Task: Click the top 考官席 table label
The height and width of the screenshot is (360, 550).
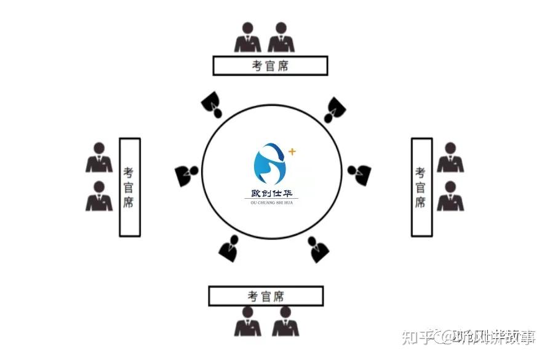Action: (270, 65)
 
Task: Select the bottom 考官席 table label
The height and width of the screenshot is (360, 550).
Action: (266, 296)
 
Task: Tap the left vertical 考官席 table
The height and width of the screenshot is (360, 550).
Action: (129, 187)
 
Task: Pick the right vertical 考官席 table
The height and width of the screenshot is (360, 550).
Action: (421, 186)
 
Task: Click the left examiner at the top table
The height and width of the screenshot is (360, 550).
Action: (247, 38)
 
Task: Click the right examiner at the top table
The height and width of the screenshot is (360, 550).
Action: (281, 38)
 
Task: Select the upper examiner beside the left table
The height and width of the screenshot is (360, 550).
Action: (99, 158)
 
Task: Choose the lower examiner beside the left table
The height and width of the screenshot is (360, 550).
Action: (99, 196)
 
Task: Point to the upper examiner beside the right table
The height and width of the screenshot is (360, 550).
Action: (450, 158)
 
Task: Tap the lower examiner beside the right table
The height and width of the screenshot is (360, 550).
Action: (450, 196)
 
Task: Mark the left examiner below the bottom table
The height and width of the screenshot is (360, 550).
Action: (247, 322)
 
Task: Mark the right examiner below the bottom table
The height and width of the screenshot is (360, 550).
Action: (285, 322)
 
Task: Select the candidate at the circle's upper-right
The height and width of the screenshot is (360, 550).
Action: (335, 109)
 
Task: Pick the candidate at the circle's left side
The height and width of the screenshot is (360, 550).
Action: (186, 175)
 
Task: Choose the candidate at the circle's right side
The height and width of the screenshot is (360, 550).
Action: (360, 174)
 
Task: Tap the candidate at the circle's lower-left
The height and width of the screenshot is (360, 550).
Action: (228, 248)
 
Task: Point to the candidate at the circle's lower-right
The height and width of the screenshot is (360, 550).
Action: (318, 249)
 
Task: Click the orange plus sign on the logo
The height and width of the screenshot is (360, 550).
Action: (292, 151)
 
